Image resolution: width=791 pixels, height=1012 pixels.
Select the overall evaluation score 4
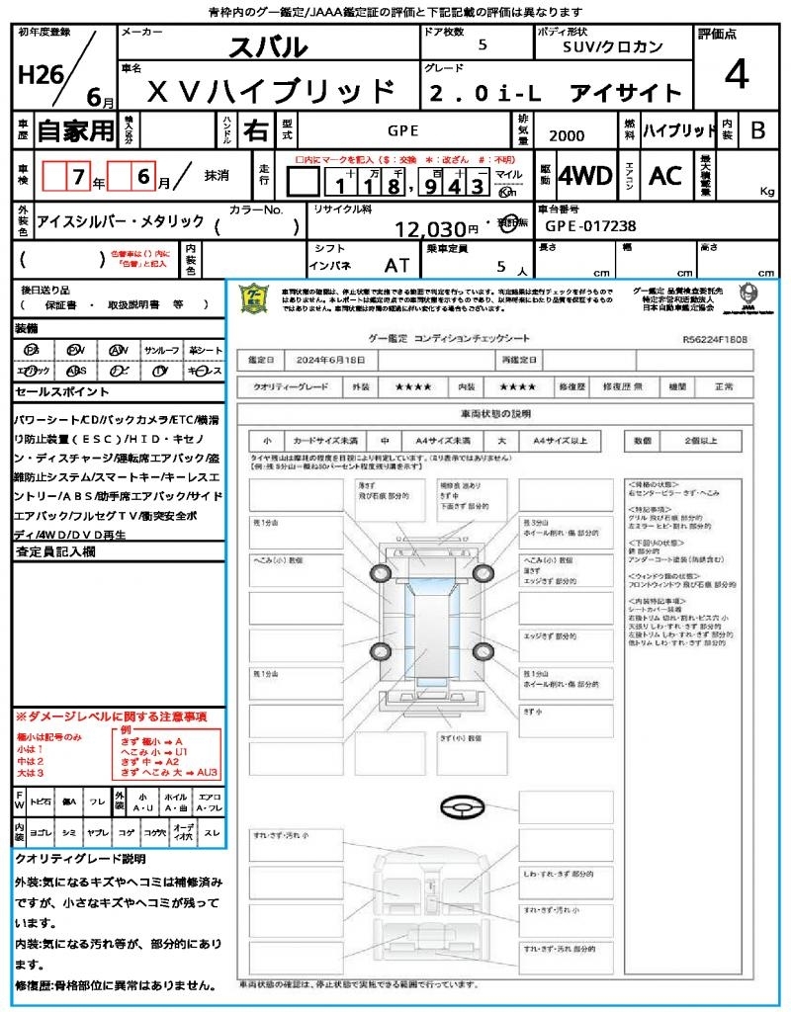736,75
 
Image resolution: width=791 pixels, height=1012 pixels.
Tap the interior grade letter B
757,129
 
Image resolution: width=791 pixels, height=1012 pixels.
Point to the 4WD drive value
584,176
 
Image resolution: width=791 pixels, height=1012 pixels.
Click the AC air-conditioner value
665,176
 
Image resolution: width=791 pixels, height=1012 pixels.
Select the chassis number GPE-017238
590,225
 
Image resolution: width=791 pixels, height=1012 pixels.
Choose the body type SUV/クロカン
613,46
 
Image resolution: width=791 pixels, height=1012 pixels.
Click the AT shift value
396,264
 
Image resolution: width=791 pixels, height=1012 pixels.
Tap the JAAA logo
748,296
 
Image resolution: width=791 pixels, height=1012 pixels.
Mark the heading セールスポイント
53,391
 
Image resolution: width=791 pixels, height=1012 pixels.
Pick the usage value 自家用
75,129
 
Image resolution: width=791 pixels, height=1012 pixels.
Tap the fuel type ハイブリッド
679,129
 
